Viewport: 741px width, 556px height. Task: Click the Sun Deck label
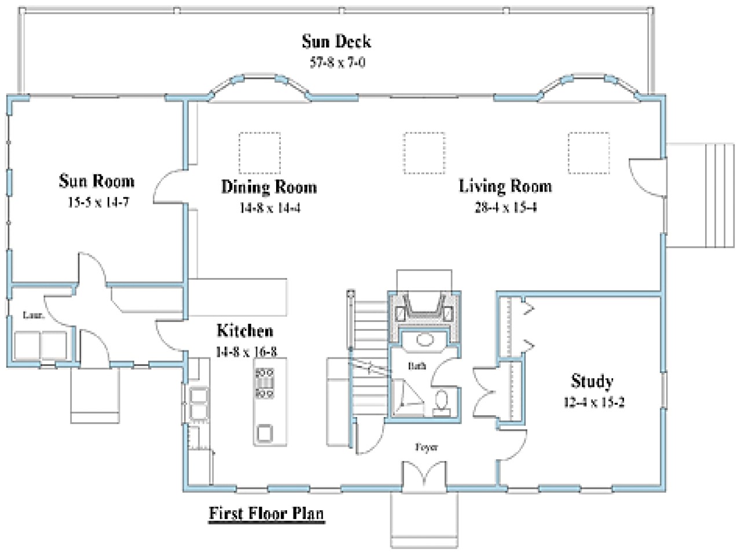click(336, 42)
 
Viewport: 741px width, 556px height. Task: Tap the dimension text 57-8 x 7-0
click(337, 63)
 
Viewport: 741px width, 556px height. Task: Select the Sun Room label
click(96, 181)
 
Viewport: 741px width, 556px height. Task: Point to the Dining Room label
click(269, 187)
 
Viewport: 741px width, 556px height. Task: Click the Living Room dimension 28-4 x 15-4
click(505, 207)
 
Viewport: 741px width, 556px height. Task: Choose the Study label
click(592, 381)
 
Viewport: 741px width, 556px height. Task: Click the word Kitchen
click(245, 331)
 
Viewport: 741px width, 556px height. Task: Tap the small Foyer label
click(426, 447)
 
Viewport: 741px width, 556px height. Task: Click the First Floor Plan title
click(266, 513)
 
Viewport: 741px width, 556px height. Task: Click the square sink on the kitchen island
click(265, 433)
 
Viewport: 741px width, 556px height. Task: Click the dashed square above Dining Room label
click(259, 153)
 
